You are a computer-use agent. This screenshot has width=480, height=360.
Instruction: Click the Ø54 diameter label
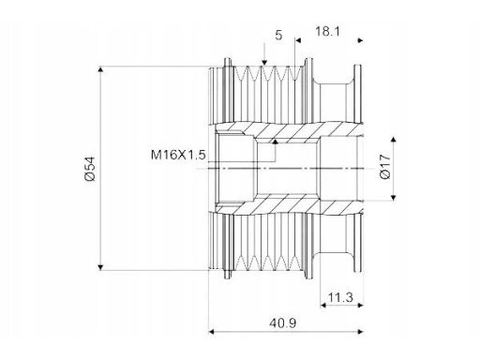[90, 169]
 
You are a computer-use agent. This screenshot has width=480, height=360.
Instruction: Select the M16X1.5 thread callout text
[178, 155]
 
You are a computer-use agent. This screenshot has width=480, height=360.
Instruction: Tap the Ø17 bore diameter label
[385, 167]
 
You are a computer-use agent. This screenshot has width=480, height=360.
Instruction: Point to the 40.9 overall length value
[283, 322]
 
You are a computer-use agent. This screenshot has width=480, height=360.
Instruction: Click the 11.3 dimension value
[340, 297]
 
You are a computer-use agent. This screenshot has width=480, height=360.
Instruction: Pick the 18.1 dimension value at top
[327, 31]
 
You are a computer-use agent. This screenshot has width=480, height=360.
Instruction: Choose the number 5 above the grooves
[278, 35]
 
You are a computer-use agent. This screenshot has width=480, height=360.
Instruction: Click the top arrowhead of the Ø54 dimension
[100, 69]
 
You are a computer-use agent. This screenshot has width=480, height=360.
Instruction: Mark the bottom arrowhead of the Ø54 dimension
[100, 267]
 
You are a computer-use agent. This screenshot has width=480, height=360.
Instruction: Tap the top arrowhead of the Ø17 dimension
[394, 140]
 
